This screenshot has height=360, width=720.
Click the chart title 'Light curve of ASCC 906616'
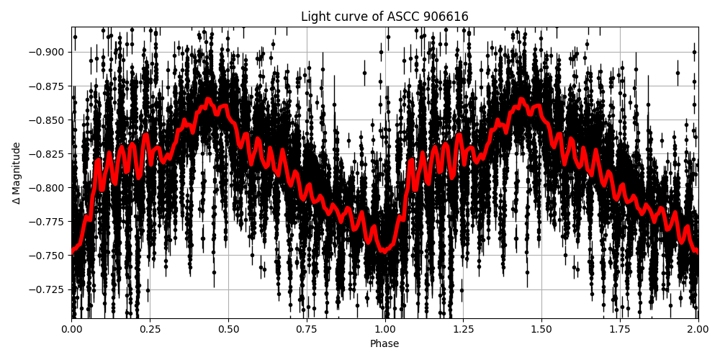384,17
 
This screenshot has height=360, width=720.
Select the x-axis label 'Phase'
384,344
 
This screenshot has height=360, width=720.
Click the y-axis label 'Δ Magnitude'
16,173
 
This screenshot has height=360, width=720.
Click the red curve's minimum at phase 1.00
384,251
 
